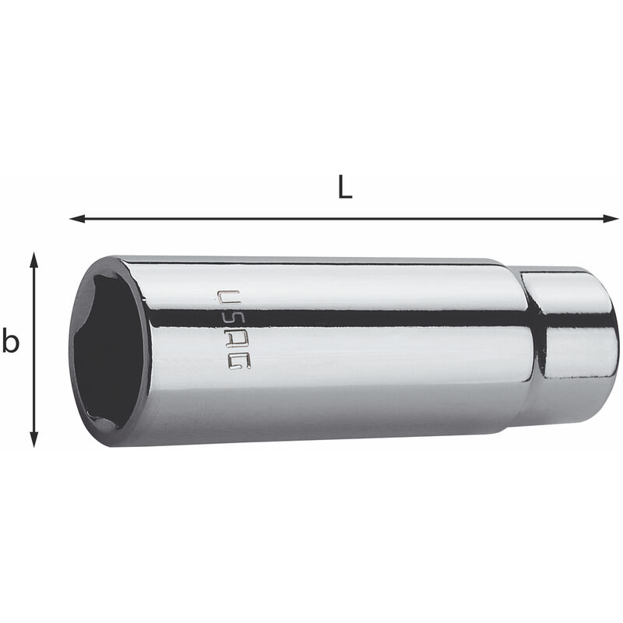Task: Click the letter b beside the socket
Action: point(11,341)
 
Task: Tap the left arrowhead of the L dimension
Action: point(77,218)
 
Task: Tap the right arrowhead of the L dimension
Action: point(611,218)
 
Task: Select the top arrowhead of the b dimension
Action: point(34,260)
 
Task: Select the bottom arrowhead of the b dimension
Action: point(34,439)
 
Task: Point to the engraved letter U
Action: point(228,298)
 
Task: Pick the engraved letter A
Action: point(236,341)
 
